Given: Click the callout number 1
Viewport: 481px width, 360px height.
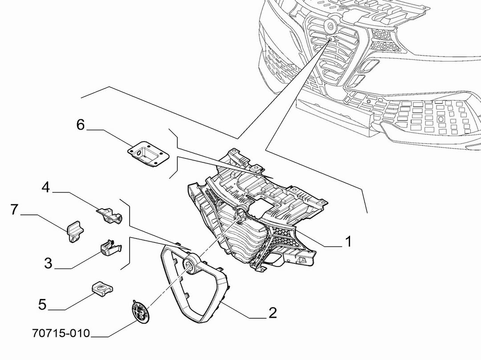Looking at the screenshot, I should [348, 242].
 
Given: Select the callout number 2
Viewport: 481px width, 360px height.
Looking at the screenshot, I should [272, 312].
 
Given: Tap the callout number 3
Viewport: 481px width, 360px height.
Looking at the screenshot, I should [48, 263].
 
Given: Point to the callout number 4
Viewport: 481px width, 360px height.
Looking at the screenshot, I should [46, 187].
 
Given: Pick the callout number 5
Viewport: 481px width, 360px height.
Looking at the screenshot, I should [42, 305].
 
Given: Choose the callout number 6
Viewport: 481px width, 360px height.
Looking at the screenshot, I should [80, 125].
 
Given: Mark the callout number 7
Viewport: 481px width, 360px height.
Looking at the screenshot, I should [15, 209].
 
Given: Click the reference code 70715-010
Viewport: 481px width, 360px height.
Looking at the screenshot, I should [61, 333].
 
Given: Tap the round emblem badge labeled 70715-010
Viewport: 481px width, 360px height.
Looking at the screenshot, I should [139, 310].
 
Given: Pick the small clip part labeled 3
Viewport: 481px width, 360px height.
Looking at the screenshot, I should [109, 247].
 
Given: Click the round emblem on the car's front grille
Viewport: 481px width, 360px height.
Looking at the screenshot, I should [331, 26].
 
